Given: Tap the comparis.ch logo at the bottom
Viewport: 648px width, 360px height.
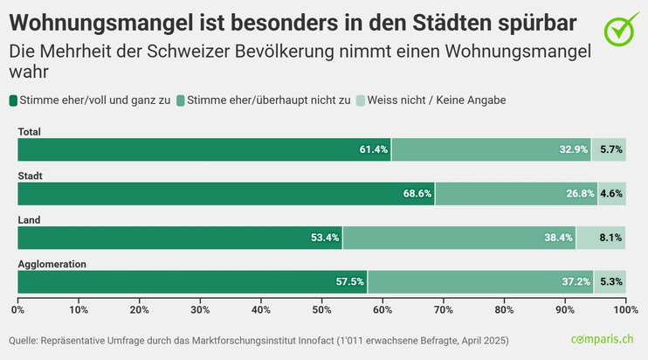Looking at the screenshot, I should tap(608, 339).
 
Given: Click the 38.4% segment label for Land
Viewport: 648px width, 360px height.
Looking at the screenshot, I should tap(559, 238).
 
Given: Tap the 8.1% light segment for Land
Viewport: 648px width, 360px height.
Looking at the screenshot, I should tap(611, 238).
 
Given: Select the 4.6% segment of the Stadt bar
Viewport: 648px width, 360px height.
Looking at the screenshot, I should tap(611, 194).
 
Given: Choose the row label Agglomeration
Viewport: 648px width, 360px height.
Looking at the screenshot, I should tap(51, 263).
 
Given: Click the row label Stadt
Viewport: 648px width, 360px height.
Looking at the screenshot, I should tap(31, 176).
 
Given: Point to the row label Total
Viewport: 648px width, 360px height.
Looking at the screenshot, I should tap(30, 132).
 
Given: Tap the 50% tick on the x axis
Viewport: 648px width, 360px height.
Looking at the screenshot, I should tap(321, 309).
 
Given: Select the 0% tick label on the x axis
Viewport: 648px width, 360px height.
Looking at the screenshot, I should tap(19, 309).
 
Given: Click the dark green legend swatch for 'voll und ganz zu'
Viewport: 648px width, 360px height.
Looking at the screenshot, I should tap(14, 100).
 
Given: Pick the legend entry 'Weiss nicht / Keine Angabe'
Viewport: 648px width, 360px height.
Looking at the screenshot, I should tap(437, 100).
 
